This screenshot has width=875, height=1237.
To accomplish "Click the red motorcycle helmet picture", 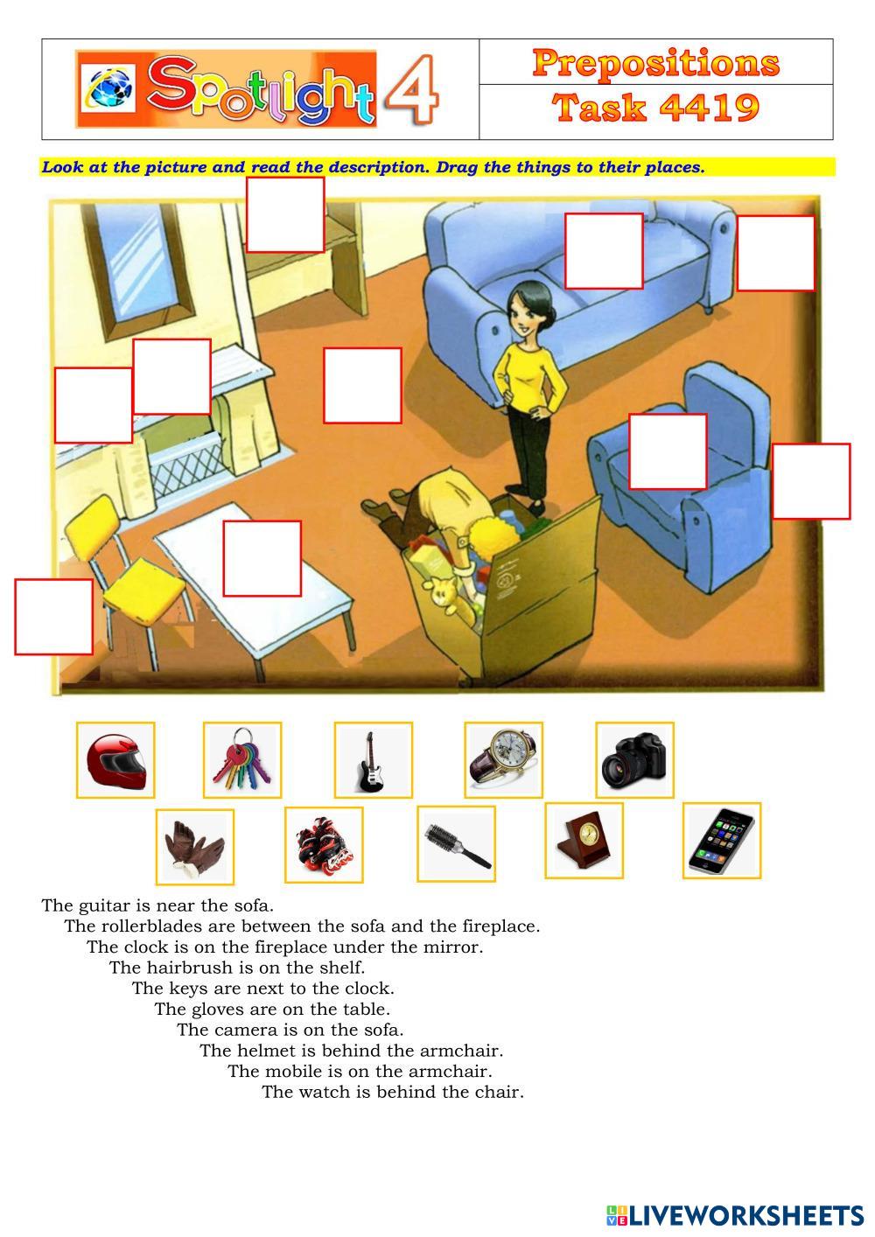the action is tap(116, 761).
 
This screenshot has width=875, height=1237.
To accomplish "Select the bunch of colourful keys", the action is tap(242, 760).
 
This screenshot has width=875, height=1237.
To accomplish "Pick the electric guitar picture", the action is tap(373, 760).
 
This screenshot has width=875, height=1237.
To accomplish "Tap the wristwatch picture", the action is tap(503, 760).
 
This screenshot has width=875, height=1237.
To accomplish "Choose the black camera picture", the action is tap(634, 760).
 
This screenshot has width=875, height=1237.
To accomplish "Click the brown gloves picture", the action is tap(195, 847).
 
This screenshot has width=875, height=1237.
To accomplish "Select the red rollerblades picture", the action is tap(324, 845).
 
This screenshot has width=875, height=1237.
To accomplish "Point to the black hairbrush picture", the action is tap(456, 843).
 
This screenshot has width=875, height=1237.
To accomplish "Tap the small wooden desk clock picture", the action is tap(584, 841).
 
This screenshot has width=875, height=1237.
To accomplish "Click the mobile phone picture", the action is tap(722, 841).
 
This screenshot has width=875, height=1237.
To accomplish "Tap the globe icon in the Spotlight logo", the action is tap(111, 87).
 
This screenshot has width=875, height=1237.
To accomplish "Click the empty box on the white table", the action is tap(262, 558).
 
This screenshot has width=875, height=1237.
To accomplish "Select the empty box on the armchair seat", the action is tap(668, 451).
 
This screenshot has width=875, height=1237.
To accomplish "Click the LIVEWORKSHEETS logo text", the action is tap(745, 1215).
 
